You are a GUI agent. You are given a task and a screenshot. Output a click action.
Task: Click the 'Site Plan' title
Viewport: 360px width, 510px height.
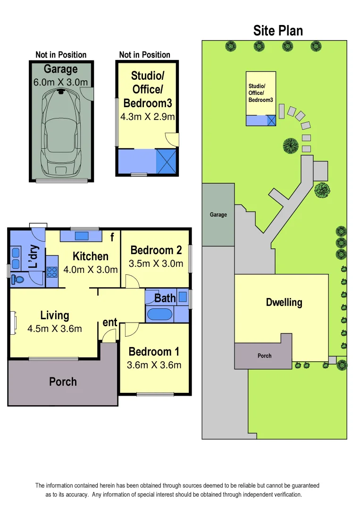278,31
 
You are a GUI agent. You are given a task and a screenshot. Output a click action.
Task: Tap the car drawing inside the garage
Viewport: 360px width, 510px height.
60,132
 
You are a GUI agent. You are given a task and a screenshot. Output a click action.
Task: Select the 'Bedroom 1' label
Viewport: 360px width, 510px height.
154,352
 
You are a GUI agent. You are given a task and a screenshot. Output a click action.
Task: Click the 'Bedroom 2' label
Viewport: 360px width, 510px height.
156,250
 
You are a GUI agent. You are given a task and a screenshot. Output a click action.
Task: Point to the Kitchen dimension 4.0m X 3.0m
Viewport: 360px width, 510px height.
91,270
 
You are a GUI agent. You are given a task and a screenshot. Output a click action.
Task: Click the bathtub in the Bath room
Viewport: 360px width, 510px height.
159,314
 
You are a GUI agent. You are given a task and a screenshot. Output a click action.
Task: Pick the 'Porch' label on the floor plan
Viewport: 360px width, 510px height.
63,382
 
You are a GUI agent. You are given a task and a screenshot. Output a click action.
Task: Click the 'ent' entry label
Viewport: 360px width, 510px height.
110,323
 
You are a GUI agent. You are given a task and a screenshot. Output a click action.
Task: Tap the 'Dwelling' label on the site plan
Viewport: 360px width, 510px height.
284,302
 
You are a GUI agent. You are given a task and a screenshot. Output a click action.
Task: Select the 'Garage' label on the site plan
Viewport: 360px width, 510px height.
218,214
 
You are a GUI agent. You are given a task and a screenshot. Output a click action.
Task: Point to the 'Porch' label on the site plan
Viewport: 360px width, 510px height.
264,356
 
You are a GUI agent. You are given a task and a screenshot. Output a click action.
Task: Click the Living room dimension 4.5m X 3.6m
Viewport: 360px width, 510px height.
55,328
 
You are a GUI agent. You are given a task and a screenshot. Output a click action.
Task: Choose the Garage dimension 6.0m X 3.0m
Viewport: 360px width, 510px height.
60,82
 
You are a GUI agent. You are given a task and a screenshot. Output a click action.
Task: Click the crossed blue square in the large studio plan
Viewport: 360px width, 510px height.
167,161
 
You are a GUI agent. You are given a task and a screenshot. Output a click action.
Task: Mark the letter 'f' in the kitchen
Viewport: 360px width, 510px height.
112,238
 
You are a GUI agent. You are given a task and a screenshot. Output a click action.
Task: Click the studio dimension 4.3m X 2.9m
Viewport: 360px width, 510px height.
148,117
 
